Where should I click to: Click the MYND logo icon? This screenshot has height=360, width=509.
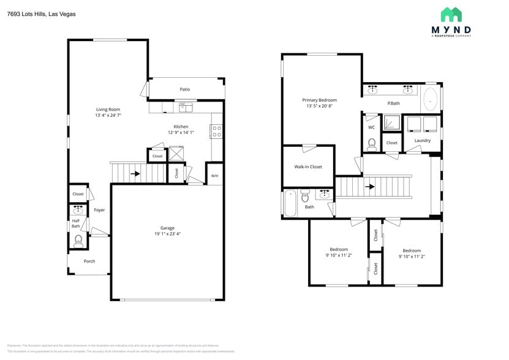click(451, 15)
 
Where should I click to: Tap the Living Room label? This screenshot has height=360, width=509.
click(107, 110)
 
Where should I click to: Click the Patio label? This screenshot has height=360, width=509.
click(184, 89)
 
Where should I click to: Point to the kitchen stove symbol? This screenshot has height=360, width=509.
click(216, 131)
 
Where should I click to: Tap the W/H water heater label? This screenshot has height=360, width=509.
click(214, 176)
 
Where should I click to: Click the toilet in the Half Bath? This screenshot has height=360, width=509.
click(78, 241)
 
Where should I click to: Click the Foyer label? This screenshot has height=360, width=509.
click(99, 210)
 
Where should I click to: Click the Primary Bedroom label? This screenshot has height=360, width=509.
click(319, 100)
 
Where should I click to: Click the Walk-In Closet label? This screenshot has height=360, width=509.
click(307, 167)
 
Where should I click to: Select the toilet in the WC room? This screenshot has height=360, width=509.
click(371, 144)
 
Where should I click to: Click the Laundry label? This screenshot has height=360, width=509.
click(422, 140)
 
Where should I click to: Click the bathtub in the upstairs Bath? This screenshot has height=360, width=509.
click(290, 203)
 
